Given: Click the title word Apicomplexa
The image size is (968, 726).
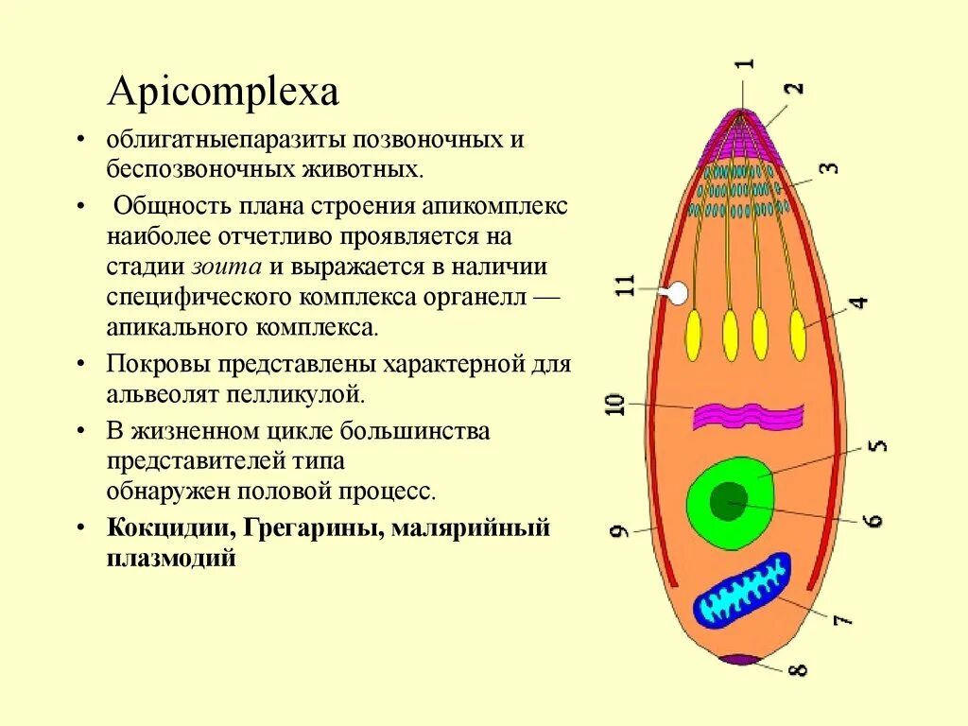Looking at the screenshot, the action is [x=223, y=94].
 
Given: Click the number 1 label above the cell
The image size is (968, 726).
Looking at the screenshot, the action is [x=745, y=64].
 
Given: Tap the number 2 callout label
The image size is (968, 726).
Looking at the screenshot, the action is [x=796, y=90].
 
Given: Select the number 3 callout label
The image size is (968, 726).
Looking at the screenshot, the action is [x=828, y=168].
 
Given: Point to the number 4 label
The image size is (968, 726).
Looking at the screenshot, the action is [x=857, y=304].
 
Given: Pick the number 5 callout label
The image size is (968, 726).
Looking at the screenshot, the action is [x=876, y=444].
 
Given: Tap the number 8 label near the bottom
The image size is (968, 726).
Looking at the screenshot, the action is [x=798, y=668].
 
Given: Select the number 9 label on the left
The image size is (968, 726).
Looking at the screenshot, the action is [x=619, y=530].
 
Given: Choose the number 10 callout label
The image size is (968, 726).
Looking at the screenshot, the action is [x=614, y=405].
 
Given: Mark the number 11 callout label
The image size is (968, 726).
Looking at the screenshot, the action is [x=625, y=286].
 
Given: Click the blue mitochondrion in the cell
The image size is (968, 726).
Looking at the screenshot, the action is [x=742, y=591].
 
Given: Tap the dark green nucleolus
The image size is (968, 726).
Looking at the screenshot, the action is [x=727, y=500].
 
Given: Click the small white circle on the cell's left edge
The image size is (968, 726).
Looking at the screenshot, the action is [x=677, y=294].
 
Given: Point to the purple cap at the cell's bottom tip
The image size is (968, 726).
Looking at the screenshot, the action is [x=739, y=659].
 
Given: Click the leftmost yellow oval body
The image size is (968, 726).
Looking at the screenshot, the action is [x=693, y=335].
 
